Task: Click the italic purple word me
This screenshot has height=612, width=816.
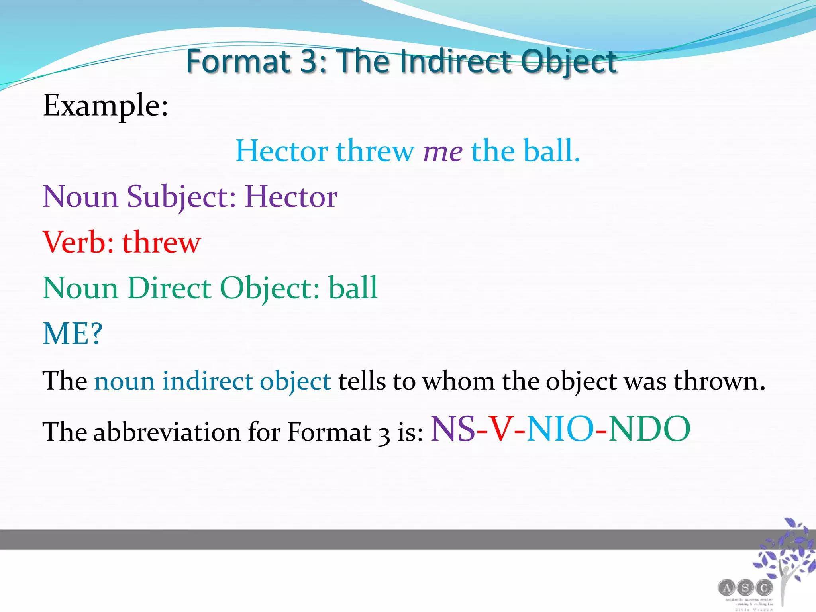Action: point(443,151)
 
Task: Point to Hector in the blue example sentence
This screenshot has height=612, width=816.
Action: point(282,151)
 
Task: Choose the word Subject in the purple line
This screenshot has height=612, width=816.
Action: point(181,197)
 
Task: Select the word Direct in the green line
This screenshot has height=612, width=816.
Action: point(170,288)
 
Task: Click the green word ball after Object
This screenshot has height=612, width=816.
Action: point(353,288)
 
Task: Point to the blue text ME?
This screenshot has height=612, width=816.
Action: point(73,333)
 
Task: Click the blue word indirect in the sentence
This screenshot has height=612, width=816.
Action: point(208,381)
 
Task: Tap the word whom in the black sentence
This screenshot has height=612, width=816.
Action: point(459,381)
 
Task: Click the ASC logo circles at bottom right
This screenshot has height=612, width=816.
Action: point(745,587)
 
